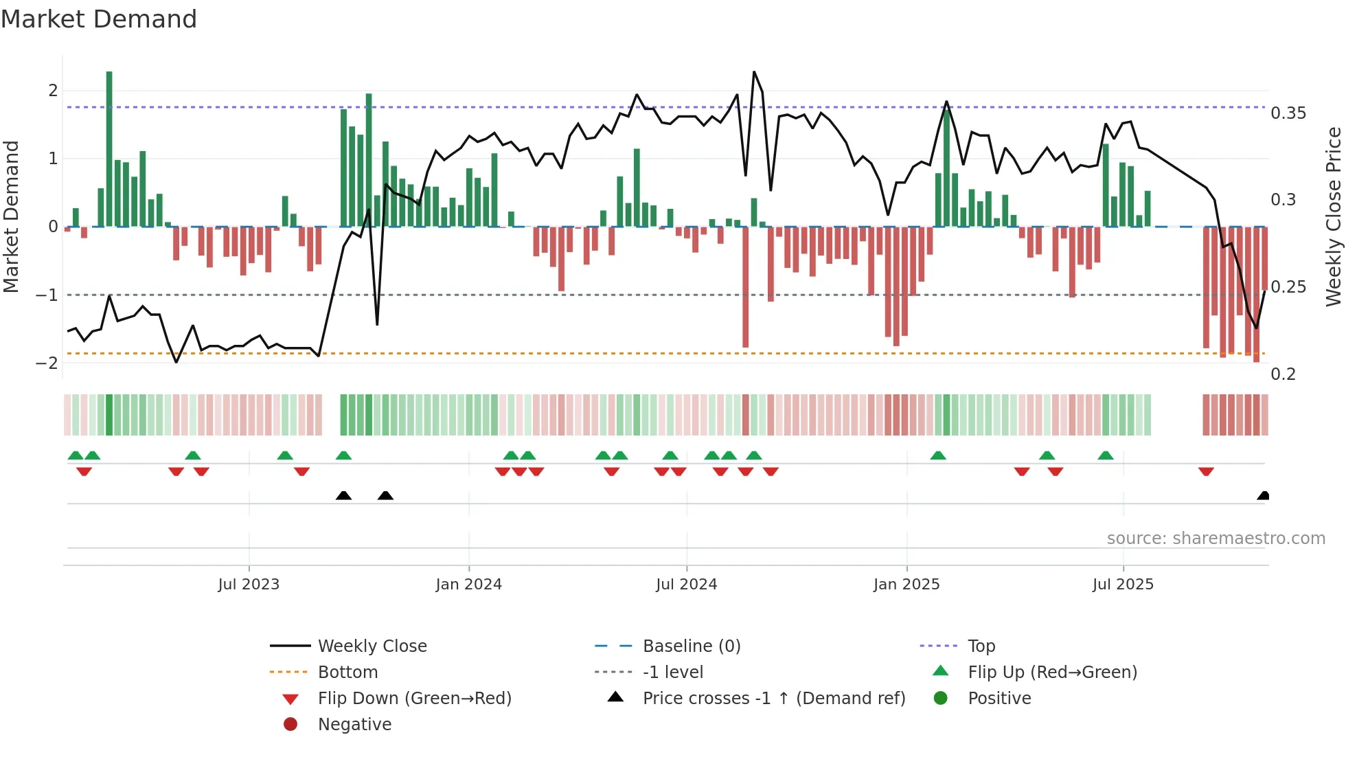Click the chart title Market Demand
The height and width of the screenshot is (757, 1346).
pos(99,19)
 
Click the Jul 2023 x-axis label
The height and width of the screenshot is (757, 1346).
pos(249,585)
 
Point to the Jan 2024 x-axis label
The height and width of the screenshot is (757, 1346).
pos(469,585)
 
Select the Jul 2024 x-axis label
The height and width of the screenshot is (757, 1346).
pos(686,585)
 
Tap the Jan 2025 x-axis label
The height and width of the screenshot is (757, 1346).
pos(906,585)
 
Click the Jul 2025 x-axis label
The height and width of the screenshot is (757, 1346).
pos(1123,585)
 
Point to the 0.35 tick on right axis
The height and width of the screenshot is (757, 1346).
pos(1288,113)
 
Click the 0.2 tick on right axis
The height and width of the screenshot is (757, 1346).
pos(1284,374)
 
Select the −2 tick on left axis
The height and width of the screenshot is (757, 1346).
pos(47,363)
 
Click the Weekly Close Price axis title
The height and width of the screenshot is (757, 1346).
pos(1333,216)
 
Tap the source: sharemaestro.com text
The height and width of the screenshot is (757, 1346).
pos(1216,539)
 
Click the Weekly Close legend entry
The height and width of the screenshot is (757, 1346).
pos(372,646)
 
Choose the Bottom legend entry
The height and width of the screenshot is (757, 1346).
pos(347,673)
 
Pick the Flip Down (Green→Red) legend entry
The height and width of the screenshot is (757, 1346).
pos(414,699)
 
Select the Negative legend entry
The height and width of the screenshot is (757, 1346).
pos(354,725)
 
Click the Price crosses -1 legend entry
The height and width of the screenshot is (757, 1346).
pos(773,699)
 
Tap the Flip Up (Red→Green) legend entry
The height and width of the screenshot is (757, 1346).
pos(1052,673)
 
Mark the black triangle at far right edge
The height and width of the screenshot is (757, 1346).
pos(1263,495)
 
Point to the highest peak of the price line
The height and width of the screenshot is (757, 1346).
pos(754,71)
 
